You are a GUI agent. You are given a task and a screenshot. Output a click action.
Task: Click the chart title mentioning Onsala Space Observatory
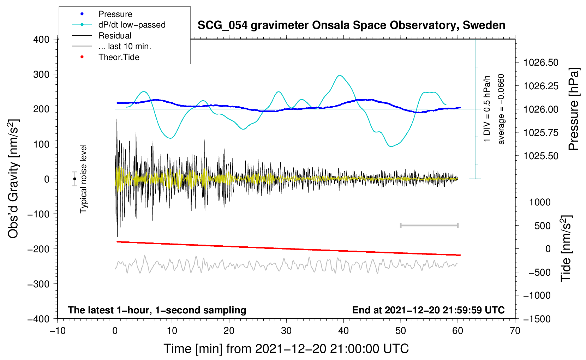click(x=351, y=25)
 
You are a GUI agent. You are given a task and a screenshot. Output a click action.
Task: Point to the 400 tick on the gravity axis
click(x=41, y=40)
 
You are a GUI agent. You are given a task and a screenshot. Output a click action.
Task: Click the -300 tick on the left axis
click(x=38, y=284)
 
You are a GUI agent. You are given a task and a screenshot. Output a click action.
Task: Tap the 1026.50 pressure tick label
click(x=541, y=62)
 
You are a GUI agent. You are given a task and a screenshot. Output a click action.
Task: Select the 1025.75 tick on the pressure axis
click(x=541, y=133)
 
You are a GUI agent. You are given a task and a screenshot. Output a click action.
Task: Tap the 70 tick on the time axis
click(x=515, y=331)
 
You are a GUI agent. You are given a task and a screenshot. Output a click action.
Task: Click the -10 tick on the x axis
click(x=58, y=331)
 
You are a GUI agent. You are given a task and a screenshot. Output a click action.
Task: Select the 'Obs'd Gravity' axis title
click(x=13, y=179)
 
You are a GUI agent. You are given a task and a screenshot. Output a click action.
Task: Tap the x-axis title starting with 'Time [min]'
click(x=286, y=349)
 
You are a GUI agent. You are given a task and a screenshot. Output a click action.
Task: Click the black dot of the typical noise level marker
click(x=74, y=179)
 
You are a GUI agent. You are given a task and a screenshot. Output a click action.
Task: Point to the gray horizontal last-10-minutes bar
click(x=429, y=226)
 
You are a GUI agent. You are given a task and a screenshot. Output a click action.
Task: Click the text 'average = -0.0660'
click(x=501, y=109)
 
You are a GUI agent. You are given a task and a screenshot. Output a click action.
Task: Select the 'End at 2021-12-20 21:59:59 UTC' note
click(x=428, y=310)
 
